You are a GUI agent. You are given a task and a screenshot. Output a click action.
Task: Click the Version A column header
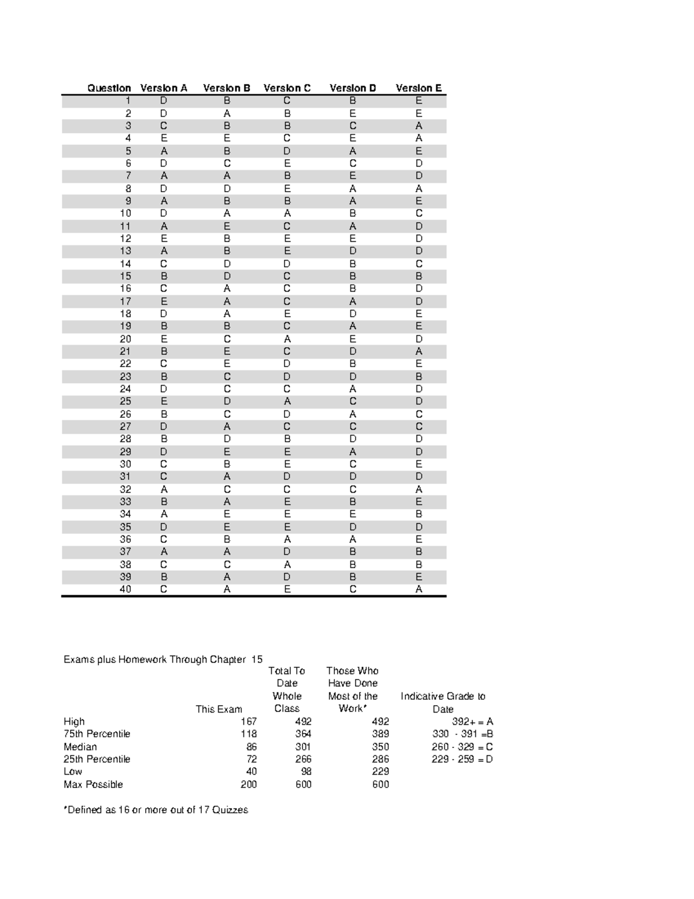164,88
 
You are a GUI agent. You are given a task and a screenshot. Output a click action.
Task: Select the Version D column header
353,88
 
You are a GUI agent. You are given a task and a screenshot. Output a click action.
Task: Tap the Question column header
109,88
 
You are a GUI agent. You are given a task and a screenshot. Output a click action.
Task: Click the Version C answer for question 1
287,101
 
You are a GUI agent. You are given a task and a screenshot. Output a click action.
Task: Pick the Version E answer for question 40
419,589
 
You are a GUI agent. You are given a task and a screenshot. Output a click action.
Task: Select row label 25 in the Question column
125,401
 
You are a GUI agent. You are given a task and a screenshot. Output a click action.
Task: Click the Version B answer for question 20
227,339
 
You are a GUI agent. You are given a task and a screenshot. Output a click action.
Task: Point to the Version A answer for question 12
164,238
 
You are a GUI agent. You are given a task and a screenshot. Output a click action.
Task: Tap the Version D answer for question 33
353,502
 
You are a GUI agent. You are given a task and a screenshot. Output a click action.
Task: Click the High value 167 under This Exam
249,721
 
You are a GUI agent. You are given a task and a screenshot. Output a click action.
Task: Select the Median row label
80,747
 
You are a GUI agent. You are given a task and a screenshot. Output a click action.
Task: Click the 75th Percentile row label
97,734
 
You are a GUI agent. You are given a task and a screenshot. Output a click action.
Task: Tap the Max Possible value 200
249,784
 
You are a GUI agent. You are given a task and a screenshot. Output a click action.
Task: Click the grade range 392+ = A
472,721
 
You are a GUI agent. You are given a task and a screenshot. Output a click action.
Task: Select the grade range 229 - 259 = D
462,759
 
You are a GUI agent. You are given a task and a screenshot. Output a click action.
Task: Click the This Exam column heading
219,709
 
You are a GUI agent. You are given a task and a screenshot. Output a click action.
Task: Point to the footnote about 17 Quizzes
156,810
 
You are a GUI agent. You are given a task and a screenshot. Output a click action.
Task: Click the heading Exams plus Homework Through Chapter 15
163,659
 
